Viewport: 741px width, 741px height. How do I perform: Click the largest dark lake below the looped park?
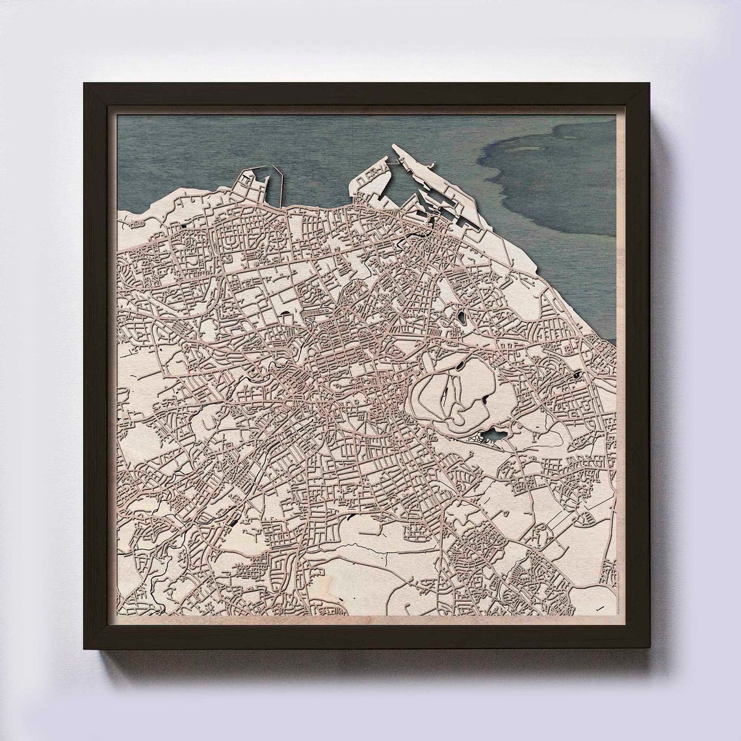tap(491, 435)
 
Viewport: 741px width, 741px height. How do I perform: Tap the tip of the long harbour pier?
tap(395, 148)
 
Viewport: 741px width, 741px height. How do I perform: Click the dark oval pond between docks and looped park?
tap(461, 318)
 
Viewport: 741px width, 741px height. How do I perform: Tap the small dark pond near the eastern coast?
tap(577, 375)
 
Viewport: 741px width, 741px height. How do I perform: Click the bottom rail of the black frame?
tap(367, 640)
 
